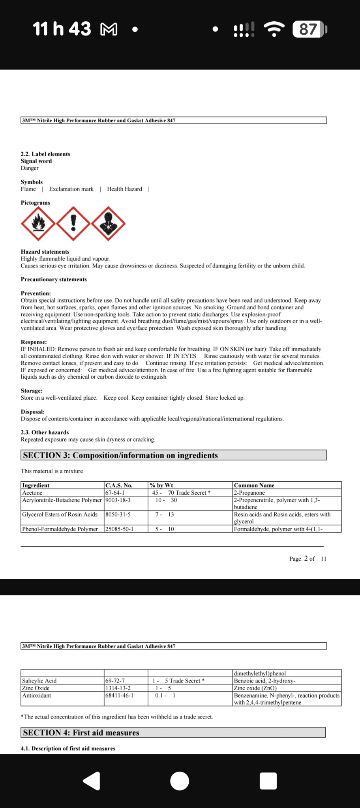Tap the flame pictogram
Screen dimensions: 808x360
[38, 224]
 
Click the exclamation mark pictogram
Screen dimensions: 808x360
[73, 223]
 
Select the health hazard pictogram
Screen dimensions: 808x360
[108, 224]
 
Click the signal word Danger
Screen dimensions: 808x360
[30, 168]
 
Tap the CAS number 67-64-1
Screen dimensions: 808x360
[115, 493]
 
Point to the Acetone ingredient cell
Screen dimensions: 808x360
[32, 493]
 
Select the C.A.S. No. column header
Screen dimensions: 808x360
[119, 485]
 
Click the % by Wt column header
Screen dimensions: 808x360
[161, 485]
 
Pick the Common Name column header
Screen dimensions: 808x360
[254, 485]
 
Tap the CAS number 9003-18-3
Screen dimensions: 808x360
[118, 500]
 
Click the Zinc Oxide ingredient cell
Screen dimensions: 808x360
[36, 688]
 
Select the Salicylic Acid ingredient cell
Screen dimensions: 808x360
[39, 681]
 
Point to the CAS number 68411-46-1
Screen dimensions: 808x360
[119, 695]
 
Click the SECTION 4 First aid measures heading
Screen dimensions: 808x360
[81, 733]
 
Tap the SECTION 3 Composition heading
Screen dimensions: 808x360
[120, 455]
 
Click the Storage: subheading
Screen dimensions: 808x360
[32, 391]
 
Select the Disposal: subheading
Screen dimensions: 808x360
[33, 411]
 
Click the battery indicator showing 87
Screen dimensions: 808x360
[309, 29]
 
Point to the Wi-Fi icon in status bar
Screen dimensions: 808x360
[274, 29]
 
